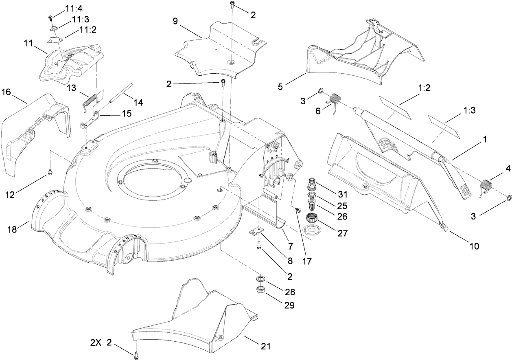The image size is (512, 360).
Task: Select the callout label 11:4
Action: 73,8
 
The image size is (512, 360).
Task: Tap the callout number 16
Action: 6,92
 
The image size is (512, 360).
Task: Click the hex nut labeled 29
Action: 259,290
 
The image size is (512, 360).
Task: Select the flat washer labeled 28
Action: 259,279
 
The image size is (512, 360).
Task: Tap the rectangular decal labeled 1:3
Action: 444,126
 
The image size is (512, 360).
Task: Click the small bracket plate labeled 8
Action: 255,232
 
